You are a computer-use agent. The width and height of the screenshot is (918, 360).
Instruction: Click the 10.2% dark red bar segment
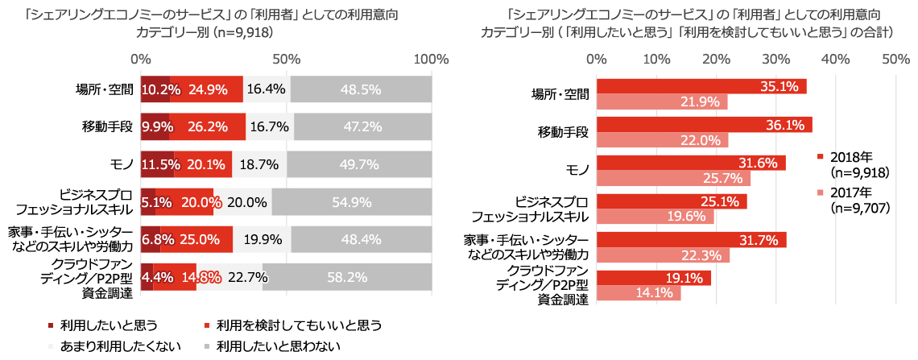coord(155,89)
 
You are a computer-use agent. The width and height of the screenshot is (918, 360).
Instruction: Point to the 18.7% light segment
coord(258,164)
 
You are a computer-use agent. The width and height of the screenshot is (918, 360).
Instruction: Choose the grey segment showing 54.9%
coord(372,202)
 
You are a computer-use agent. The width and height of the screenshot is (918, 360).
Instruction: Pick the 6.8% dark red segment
coord(151,239)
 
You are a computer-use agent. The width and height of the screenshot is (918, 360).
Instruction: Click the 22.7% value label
coord(246,277)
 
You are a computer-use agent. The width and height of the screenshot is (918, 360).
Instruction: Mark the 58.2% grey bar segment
coord(368,277)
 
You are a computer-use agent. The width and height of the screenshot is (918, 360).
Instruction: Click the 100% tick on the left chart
coord(432,59)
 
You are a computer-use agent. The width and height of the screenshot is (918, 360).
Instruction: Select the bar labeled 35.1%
coord(701,86)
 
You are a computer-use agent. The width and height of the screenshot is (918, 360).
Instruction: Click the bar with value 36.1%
coord(704,125)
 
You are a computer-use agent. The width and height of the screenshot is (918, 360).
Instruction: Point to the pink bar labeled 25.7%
coord(673,179)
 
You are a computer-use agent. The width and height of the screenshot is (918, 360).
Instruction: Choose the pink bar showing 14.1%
coord(639,293)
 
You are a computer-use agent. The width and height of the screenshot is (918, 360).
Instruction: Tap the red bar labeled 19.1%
coord(653,278)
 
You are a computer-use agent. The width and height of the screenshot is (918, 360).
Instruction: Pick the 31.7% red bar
coord(691,240)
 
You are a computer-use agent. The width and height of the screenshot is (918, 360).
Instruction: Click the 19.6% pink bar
coord(655,217)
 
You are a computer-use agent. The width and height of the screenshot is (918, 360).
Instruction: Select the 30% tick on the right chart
coord(776,59)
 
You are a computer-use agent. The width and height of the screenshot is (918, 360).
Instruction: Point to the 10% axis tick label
coord(656,59)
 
